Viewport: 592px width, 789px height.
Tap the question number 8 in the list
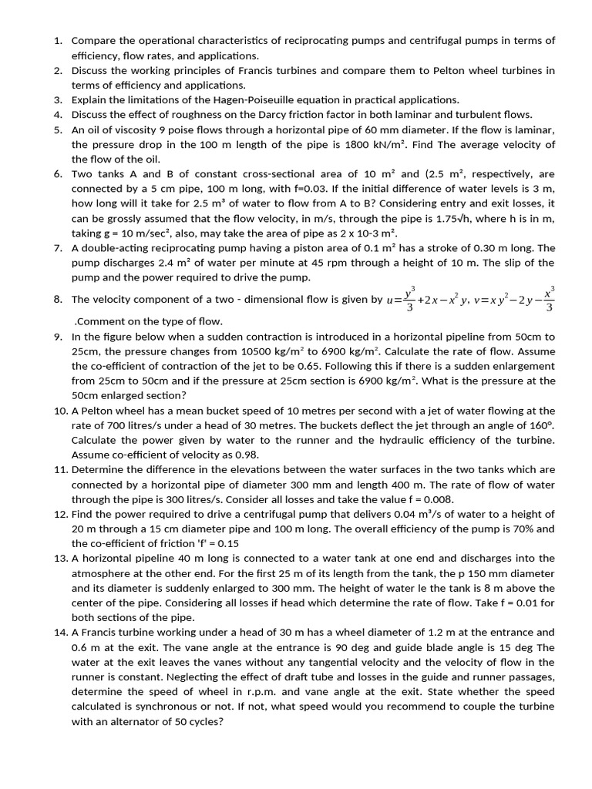click(59, 300)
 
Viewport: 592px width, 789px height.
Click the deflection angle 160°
click(540, 425)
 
